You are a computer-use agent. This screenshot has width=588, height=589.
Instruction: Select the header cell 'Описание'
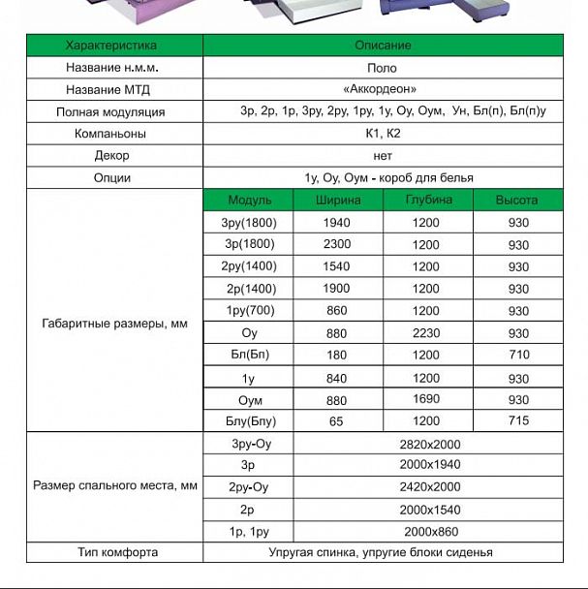coord(384,46)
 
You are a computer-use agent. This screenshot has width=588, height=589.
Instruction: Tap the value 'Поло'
coord(384,68)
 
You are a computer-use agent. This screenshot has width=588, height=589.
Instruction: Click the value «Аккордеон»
coord(384,89)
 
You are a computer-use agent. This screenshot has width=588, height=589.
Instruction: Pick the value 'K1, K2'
coord(384,134)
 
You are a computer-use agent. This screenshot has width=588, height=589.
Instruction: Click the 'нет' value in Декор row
coord(384,155)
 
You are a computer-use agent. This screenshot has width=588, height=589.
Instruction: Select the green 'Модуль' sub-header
coord(249,201)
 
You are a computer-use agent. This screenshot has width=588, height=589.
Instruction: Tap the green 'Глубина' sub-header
coord(428,201)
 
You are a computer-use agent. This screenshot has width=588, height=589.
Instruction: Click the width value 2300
coord(336,245)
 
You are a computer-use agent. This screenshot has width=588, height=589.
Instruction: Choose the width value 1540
coord(336,266)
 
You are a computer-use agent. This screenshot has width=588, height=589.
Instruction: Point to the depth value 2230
coord(426,333)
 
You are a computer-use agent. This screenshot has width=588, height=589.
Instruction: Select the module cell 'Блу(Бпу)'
coord(249,421)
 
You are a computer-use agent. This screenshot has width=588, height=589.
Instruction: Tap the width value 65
coord(336,421)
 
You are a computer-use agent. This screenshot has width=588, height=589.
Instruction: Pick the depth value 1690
coord(426,399)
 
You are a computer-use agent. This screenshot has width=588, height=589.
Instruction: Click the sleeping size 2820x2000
coord(429,444)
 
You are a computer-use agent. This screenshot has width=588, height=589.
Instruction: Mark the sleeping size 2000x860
coord(429,532)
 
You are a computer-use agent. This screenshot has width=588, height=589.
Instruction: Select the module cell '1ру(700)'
coord(249,311)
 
